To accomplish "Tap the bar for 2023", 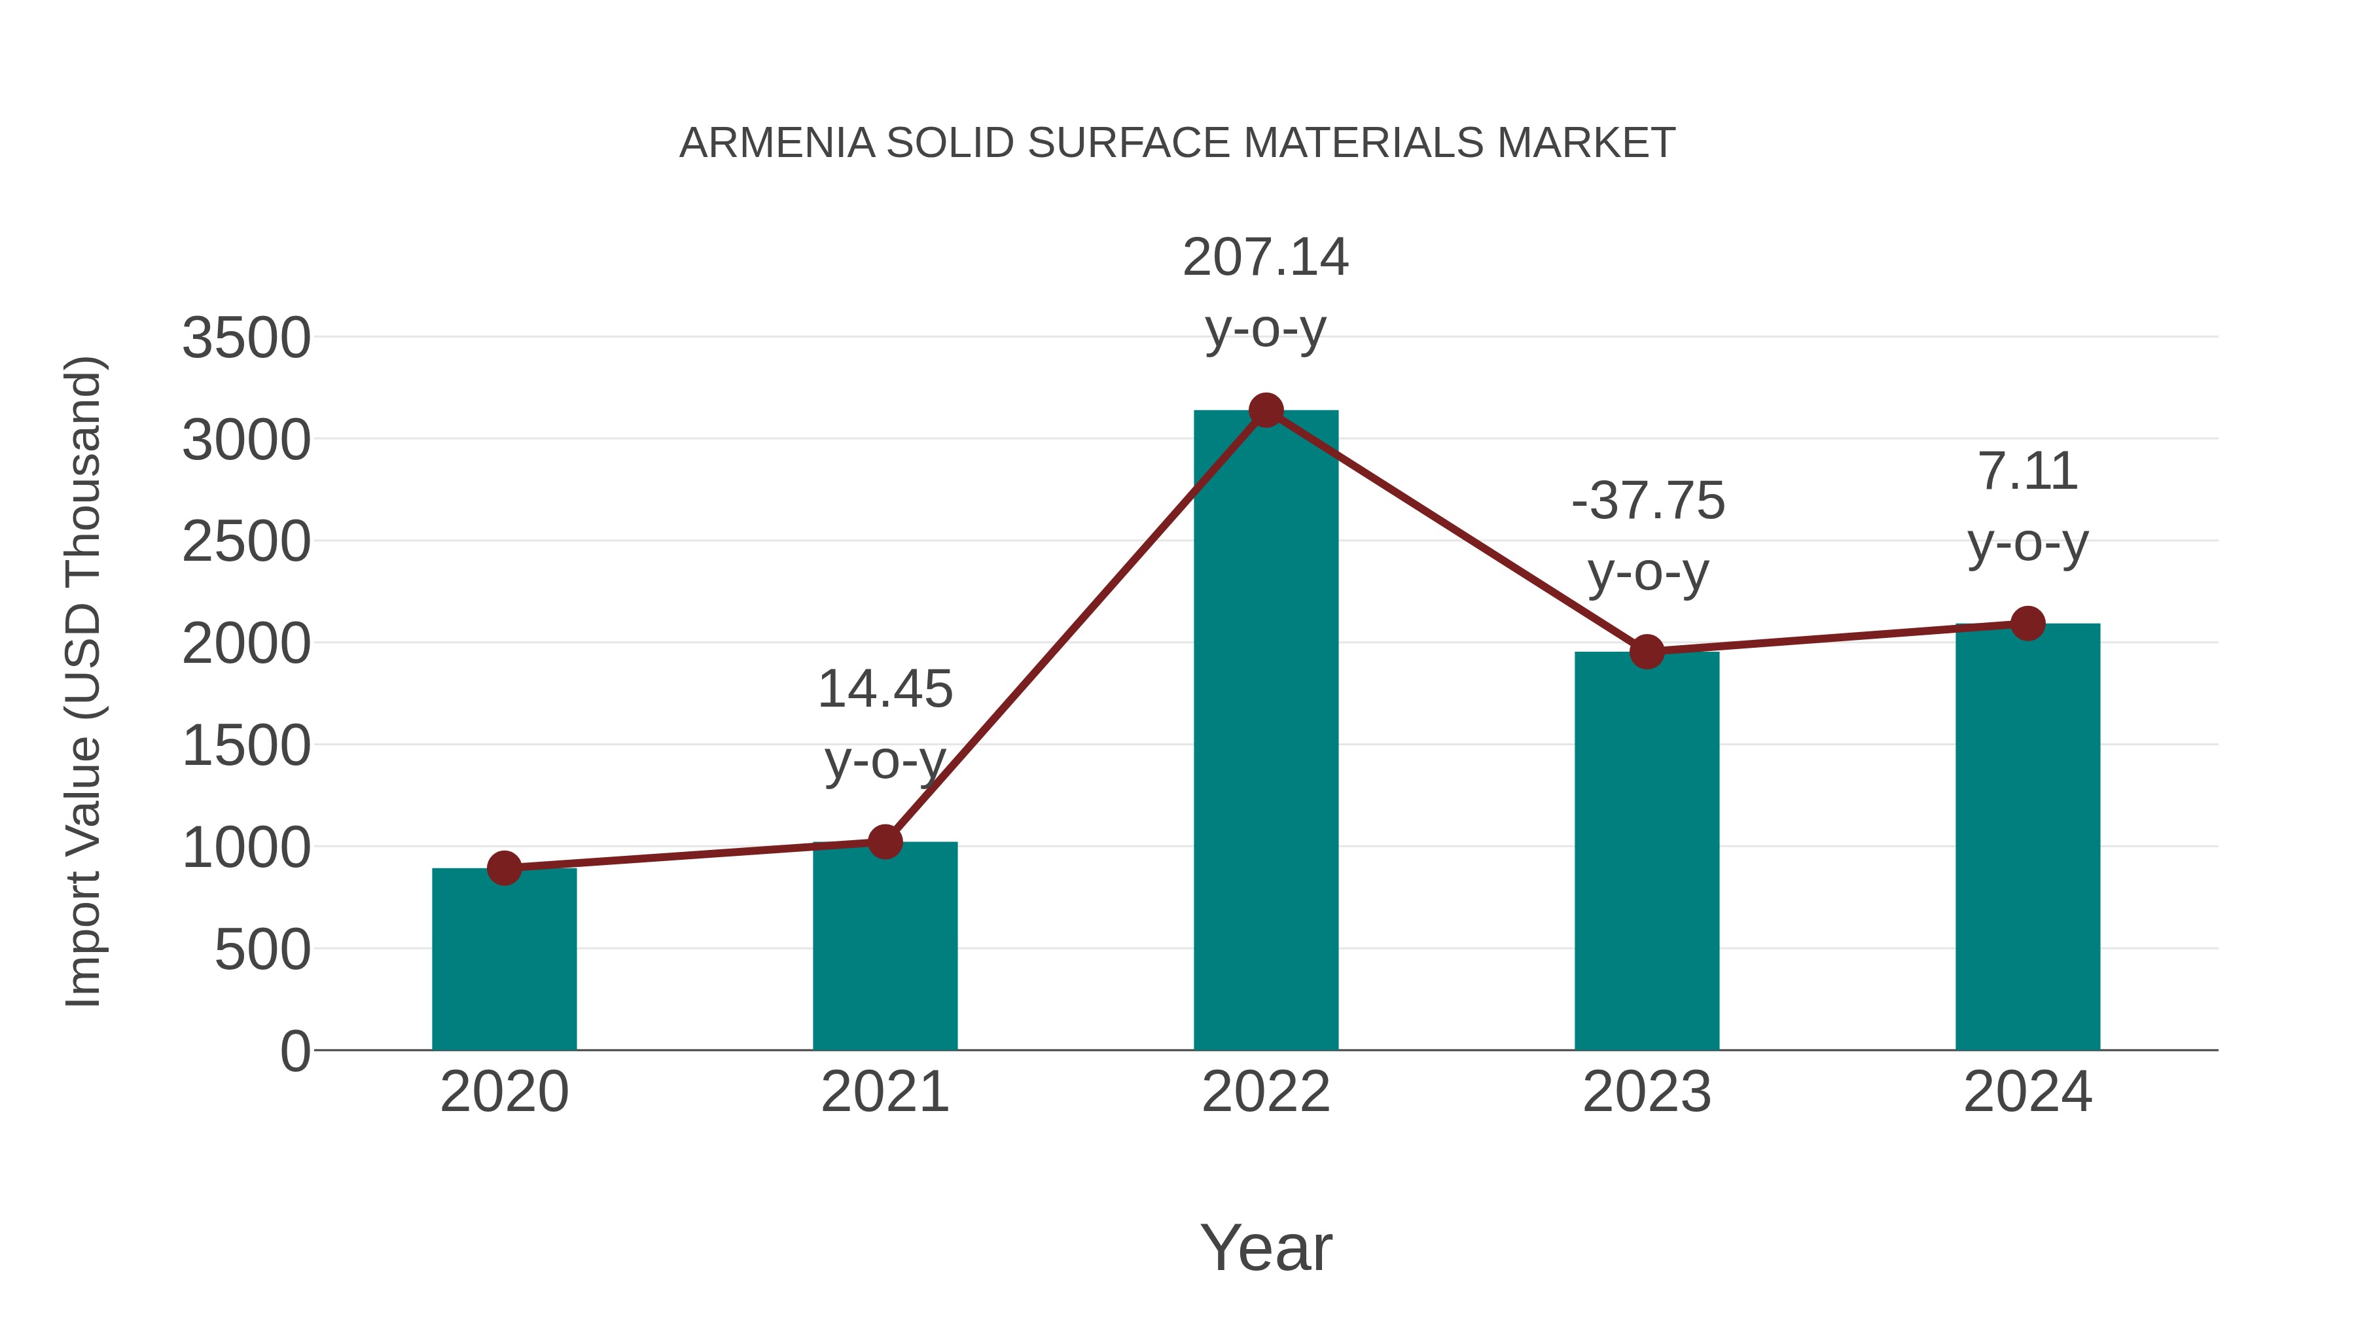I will click(1647, 851).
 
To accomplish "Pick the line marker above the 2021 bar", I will click(884, 841).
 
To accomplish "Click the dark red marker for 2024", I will click(2027, 624).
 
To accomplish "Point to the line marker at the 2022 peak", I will click(1266, 410).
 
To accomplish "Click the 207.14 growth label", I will click(1265, 257).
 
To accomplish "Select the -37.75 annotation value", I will click(1647, 501).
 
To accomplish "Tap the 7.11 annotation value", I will click(2027, 472).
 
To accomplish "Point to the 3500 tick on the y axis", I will click(246, 338).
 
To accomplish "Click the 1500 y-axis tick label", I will click(246, 746).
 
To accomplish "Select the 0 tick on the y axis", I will click(294, 1051).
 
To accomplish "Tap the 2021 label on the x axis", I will click(884, 1092).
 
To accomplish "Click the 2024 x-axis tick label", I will click(2027, 1092).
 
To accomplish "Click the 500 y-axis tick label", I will click(262, 950).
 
